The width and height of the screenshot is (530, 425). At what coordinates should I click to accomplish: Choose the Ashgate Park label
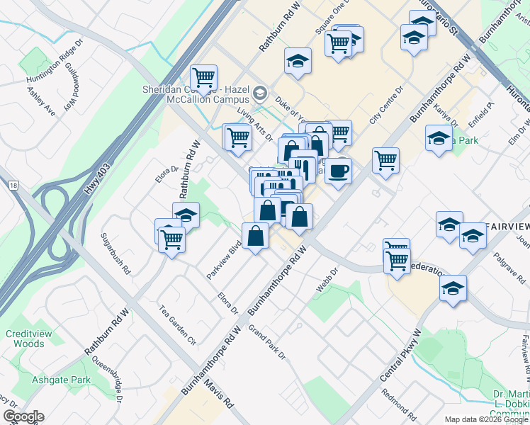point(61,380)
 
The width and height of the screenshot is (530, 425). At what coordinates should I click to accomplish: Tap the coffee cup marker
point(338,171)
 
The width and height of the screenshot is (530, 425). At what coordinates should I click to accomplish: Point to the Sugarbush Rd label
point(115,254)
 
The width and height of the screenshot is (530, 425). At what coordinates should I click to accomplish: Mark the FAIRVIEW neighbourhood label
point(507,227)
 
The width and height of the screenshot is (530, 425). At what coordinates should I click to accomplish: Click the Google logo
point(23,416)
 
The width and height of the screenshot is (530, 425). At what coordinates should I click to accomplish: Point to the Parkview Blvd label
point(225,259)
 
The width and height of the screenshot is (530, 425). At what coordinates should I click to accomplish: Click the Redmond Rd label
point(397,402)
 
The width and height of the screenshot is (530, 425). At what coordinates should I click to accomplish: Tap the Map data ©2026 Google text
point(485,419)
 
